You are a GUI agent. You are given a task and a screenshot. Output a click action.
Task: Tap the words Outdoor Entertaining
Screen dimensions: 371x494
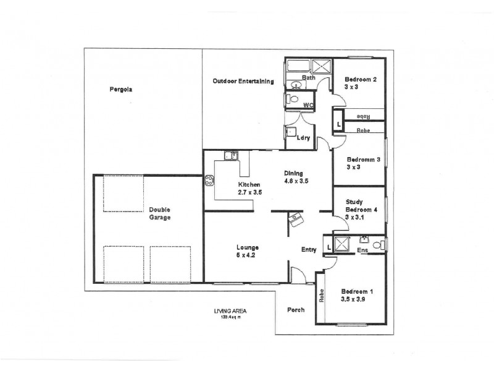[x=243, y=81]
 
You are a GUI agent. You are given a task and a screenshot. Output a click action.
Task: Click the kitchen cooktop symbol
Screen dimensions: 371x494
[x=209, y=181]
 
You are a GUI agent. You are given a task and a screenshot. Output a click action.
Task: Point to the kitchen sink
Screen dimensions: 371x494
[x=232, y=156]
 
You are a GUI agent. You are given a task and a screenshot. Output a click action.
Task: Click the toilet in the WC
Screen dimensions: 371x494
[x=293, y=100]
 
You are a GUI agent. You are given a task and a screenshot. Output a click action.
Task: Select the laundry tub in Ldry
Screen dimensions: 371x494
[x=291, y=132]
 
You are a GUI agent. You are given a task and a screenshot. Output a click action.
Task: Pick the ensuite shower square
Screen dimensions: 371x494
[x=341, y=243]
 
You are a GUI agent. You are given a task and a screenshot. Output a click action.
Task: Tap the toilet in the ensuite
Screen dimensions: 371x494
[x=378, y=245]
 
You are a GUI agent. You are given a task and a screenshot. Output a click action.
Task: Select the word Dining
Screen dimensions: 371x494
[x=293, y=173]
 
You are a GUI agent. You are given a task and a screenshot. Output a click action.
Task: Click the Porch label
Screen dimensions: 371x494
[x=296, y=310]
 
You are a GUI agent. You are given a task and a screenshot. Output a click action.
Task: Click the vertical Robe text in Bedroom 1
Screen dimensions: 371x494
[x=322, y=296]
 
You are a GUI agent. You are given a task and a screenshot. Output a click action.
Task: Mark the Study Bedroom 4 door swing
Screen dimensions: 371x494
[x=327, y=220]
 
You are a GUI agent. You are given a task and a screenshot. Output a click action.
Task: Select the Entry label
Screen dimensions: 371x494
[x=309, y=250]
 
